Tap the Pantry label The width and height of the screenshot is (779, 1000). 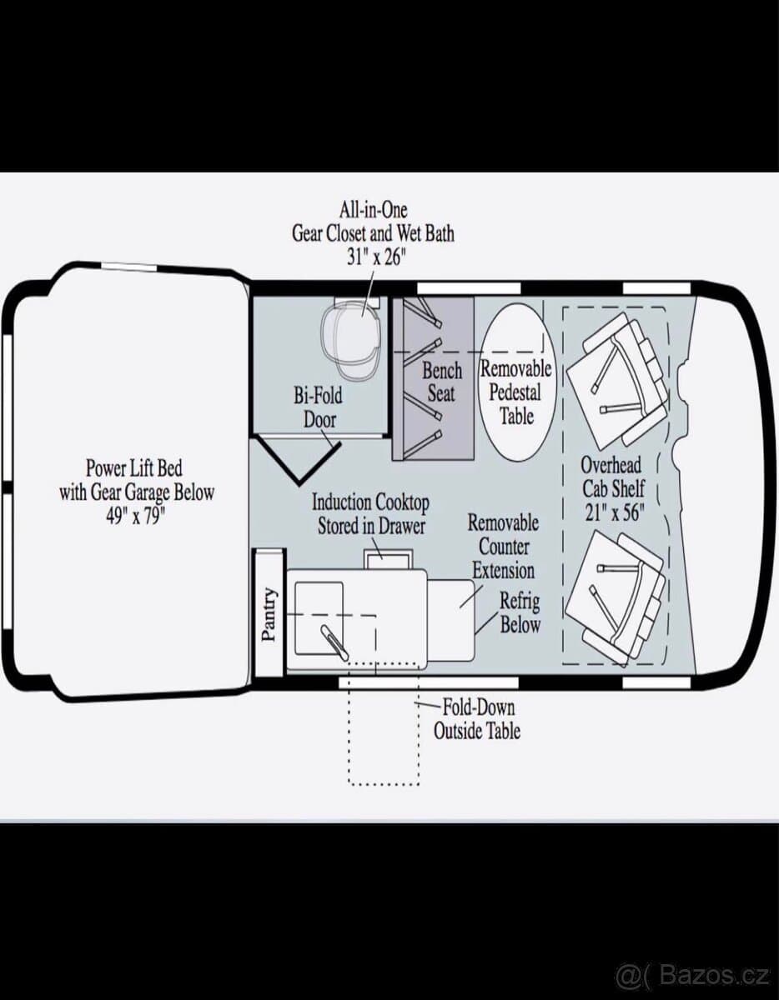pyautogui.click(x=269, y=614)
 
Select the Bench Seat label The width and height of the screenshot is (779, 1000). pyautogui.click(x=441, y=382)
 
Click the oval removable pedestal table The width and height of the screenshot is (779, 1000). pyautogui.click(x=517, y=381)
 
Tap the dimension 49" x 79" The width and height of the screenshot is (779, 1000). pyautogui.click(x=135, y=517)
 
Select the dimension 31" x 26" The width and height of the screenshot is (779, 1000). pyautogui.click(x=374, y=257)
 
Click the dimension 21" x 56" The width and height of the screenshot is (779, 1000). pyautogui.click(x=614, y=512)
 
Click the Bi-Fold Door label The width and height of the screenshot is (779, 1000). pyautogui.click(x=319, y=407)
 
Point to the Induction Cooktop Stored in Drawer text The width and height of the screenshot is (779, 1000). pyautogui.click(x=370, y=514)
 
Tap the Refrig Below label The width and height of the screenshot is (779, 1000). pyautogui.click(x=520, y=612)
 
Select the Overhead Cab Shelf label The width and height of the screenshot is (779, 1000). pyautogui.click(x=612, y=477)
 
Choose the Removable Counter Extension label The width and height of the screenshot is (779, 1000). pyautogui.click(x=503, y=547)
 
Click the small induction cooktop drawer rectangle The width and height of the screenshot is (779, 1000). pyautogui.click(x=388, y=558)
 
